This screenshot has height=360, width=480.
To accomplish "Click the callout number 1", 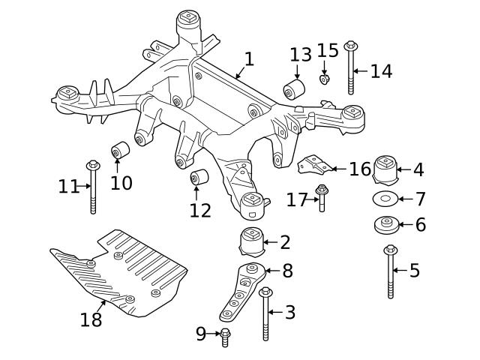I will (x=248, y=58).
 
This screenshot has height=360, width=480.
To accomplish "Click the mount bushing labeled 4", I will (x=383, y=171).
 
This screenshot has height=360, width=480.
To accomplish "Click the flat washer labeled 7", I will (x=383, y=199).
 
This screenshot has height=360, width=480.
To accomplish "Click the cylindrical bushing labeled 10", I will (x=120, y=151).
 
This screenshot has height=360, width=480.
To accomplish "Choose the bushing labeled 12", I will (x=199, y=179).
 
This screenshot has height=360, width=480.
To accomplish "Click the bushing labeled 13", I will (x=293, y=91).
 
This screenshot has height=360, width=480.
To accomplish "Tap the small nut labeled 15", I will (x=324, y=79).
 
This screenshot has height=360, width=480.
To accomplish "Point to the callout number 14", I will (x=380, y=71).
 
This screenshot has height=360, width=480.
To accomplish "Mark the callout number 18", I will (x=91, y=319).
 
